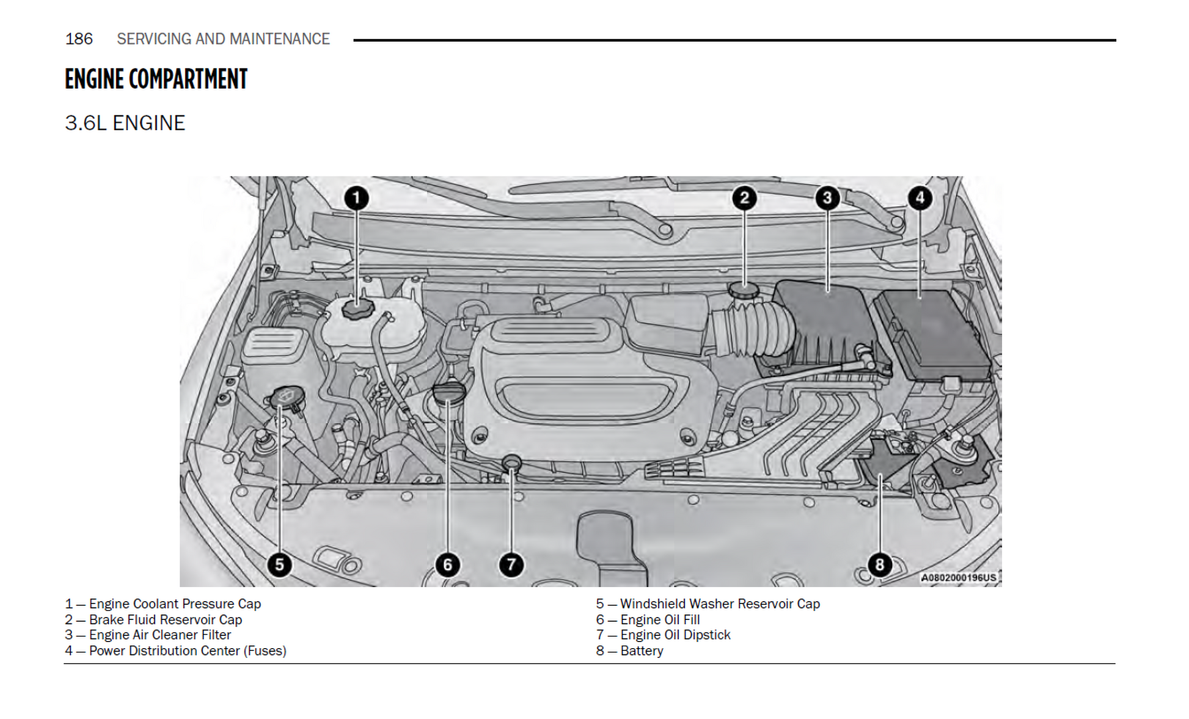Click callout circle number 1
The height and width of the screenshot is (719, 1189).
[x=357, y=198]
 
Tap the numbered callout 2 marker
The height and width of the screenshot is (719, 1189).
[x=744, y=198]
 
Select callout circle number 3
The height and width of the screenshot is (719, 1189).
[x=827, y=198]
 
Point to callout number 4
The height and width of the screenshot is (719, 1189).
[x=920, y=198]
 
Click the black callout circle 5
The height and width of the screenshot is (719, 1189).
[x=279, y=564]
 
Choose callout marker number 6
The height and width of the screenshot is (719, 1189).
[x=447, y=564]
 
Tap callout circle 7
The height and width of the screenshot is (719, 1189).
[x=511, y=564]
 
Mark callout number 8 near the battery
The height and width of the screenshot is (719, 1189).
[x=879, y=564]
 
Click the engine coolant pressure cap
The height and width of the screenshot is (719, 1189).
[x=357, y=308]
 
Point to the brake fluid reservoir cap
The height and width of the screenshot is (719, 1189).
[x=744, y=290]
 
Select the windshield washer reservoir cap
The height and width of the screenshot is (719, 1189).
[x=284, y=398]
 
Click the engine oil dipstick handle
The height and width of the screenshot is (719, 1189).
[x=511, y=462]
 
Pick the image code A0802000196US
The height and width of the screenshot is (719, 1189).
[x=958, y=577]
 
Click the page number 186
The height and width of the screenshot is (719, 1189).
[x=79, y=39]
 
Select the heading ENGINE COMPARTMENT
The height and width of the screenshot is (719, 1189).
[x=156, y=79]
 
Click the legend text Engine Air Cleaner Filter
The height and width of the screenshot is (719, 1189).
[x=160, y=635]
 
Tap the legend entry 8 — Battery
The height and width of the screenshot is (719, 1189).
[x=630, y=651]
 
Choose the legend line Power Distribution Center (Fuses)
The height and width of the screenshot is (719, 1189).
[x=188, y=651]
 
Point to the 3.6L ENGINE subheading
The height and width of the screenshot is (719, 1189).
[x=125, y=123]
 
